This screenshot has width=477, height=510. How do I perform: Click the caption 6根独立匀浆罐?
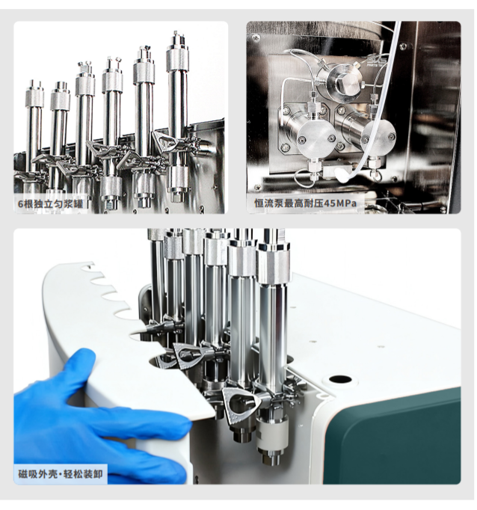[x=51, y=204]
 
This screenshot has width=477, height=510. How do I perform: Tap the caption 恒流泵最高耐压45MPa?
[x=305, y=203]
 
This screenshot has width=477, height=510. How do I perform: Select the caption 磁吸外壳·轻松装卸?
[x=60, y=474]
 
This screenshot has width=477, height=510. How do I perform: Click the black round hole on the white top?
[x=340, y=379]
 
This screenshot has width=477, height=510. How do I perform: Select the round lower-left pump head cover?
[x=316, y=138]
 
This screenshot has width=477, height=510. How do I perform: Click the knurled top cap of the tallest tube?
[x=177, y=58]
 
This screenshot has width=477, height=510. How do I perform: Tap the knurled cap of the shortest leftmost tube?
[x=35, y=99]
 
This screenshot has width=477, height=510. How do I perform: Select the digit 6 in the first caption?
[x=21, y=204]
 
